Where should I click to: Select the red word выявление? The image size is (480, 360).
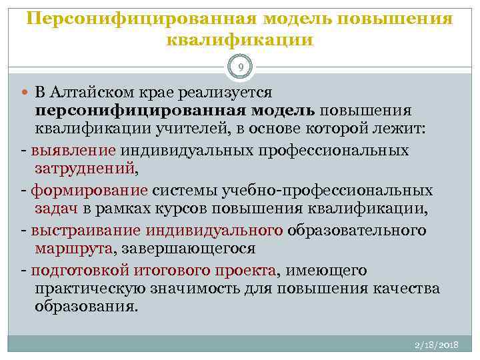coord(74,151)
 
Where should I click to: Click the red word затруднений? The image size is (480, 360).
coord(84,168)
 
